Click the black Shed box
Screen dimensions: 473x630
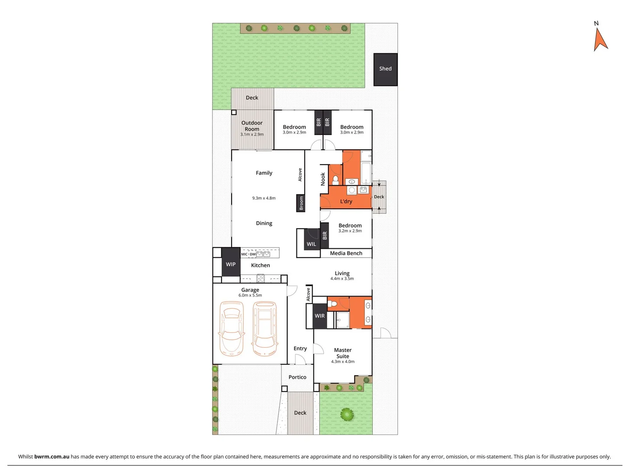point(385,69)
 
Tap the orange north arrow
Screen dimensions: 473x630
point(600,39)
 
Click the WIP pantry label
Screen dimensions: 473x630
point(231,264)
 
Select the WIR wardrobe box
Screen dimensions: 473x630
point(320,316)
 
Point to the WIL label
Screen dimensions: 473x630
point(311,244)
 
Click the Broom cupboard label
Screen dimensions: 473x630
point(301,203)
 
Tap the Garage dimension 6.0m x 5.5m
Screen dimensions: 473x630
point(250,295)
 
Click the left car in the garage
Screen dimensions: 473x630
point(231,328)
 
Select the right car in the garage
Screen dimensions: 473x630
point(264,328)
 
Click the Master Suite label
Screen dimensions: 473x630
point(343,353)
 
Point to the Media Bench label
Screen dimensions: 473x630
point(346,253)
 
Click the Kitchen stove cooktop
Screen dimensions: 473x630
point(260,278)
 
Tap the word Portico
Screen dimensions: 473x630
point(297,377)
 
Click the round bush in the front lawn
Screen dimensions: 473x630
point(347,414)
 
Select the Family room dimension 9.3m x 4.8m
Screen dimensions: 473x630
point(264,198)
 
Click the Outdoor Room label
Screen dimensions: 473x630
point(252,126)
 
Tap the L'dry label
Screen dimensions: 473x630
point(346,201)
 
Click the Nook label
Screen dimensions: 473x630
point(323,179)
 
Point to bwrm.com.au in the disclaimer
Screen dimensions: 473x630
point(52,456)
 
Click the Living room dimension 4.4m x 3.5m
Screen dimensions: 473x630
point(342,279)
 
